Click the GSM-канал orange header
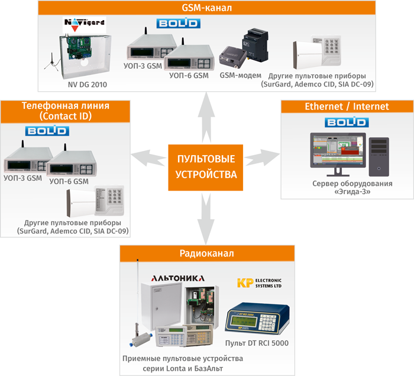tap(206, 8)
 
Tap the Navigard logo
tap(83, 24)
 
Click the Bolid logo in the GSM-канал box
tap(177, 23)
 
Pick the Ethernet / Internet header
tap(346, 107)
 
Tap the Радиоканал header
tap(206, 253)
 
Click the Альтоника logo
tap(178, 277)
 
